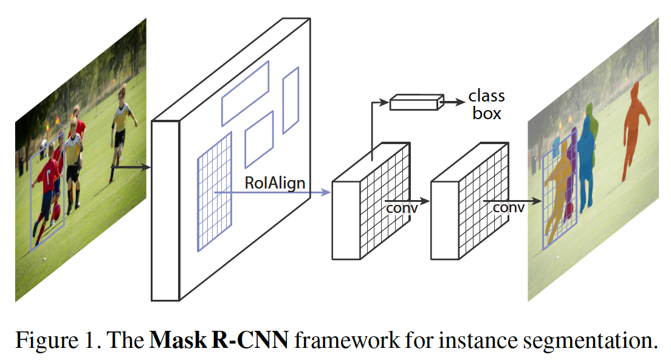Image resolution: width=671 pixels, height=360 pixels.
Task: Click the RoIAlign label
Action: tap(275, 182)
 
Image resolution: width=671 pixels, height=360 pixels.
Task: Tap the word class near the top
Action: tap(486, 96)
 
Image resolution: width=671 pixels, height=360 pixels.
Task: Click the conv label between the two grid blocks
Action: tap(402, 208)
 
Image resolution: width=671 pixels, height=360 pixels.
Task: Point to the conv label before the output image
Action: tap(508, 207)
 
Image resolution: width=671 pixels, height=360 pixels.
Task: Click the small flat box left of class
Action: tap(413, 103)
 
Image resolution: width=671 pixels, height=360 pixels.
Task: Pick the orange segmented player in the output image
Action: tap(635, 128)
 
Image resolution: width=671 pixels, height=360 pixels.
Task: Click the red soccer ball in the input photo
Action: tap(56, 212)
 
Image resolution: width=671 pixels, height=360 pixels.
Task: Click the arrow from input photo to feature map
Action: tap(130, 166)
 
